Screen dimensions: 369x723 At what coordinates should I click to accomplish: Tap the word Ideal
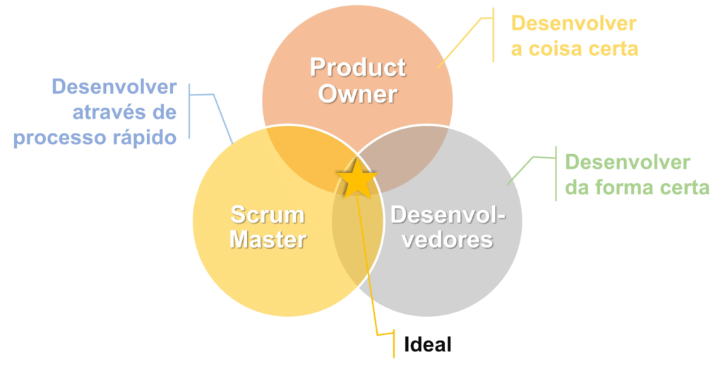[x=427, y=344]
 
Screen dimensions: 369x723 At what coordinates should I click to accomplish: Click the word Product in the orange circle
[x=358, y=68]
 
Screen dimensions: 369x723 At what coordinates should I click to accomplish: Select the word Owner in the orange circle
[x=358, y=94]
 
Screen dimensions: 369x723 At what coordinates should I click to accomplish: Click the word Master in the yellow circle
[x=268, y=240]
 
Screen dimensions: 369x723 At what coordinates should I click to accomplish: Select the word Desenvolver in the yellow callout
[x=573, y=23]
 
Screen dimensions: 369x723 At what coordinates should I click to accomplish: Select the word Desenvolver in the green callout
[x=628, y=163]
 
